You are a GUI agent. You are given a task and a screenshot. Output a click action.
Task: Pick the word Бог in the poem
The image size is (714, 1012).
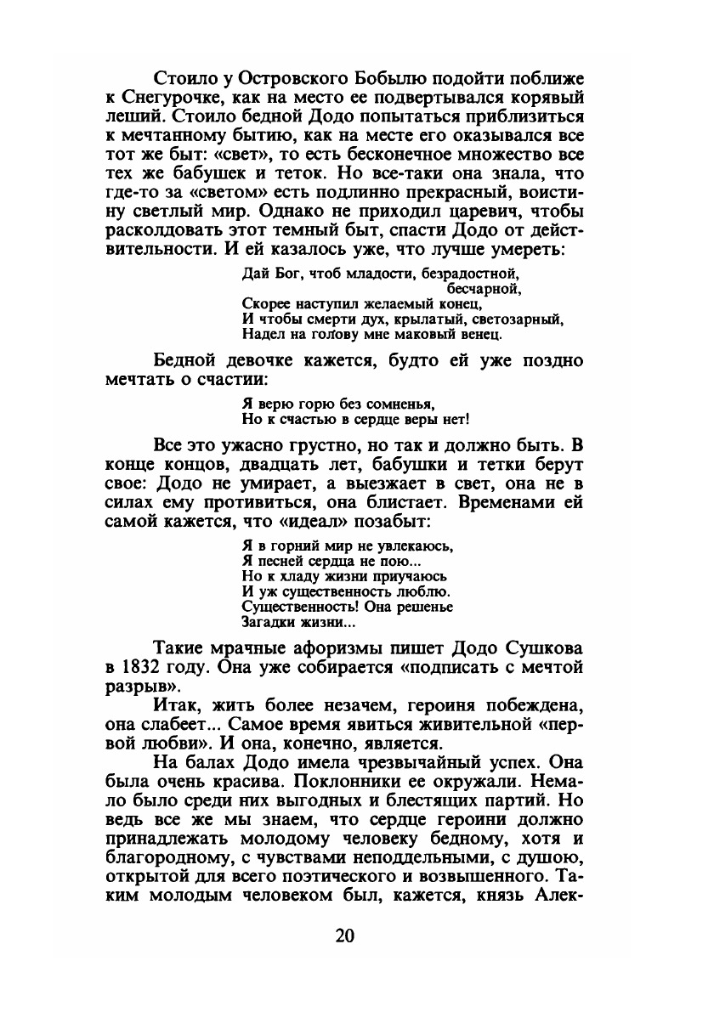coord(284,274)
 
